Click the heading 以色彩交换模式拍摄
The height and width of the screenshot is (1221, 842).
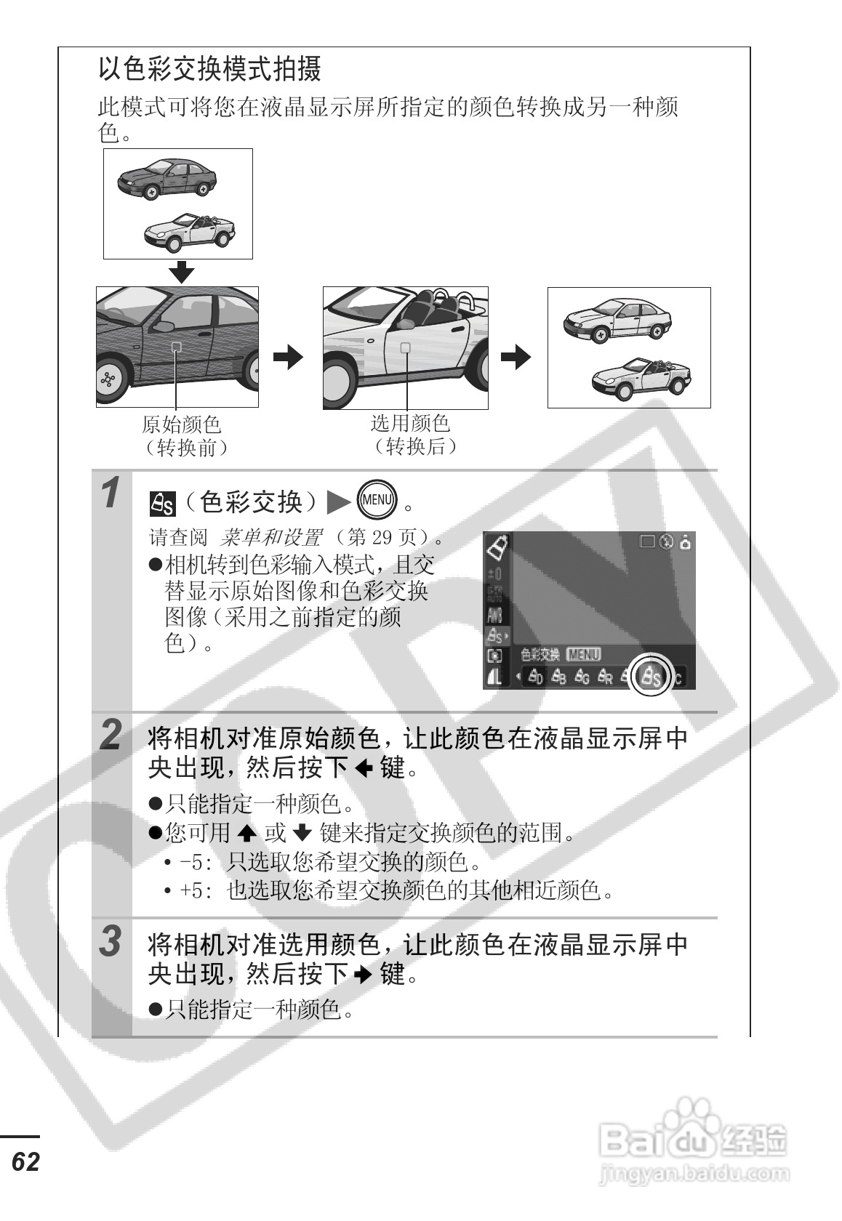(x=209, y=70)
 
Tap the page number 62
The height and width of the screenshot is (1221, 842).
(x=25, y=1161)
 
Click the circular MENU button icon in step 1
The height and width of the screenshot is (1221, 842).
(x=378, y=499)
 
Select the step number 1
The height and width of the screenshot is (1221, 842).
(x=111, y=494)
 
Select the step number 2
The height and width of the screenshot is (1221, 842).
(x=111, y=735)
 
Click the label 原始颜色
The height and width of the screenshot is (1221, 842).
(x=182, y=424)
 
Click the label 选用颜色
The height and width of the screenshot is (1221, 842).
(x=411, y=422)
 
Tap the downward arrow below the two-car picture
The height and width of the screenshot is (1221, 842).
(x=182, y=272)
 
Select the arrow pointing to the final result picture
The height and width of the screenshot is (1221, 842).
(x=516, y=356)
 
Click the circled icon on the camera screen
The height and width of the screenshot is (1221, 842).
(x=650, y=677)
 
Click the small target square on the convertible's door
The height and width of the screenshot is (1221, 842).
(x=406, y=347)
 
